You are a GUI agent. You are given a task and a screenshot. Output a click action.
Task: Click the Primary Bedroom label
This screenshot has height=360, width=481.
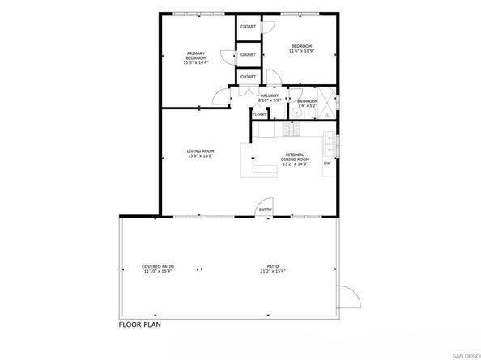(195, 56)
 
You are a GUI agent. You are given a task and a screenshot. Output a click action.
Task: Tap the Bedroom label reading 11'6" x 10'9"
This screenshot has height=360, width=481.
(301, 49)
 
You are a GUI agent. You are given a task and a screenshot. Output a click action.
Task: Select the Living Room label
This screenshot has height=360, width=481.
(200, 153)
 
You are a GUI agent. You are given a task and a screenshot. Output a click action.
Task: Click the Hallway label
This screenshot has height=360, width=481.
(270, 98)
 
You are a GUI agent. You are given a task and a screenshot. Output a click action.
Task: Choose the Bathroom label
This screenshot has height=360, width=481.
(307, 103)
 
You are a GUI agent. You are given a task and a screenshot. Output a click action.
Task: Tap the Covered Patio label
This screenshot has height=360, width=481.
(158, 268)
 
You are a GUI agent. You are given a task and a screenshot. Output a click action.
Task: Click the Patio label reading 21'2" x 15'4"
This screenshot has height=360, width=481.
(273, 268)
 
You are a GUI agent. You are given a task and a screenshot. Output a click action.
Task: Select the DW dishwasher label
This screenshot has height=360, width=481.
(327, 163)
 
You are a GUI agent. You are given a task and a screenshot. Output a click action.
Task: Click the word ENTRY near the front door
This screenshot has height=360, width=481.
(265, 210)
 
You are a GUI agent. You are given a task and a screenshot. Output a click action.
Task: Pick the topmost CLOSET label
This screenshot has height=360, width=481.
(248, 27)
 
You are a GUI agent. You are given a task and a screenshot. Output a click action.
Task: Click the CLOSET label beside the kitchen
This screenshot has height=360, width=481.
(260, 115)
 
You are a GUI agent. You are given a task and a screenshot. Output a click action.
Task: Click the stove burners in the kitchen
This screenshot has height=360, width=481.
(286, 130)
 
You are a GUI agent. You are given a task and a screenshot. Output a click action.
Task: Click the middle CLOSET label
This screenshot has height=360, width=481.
(248, 54)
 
